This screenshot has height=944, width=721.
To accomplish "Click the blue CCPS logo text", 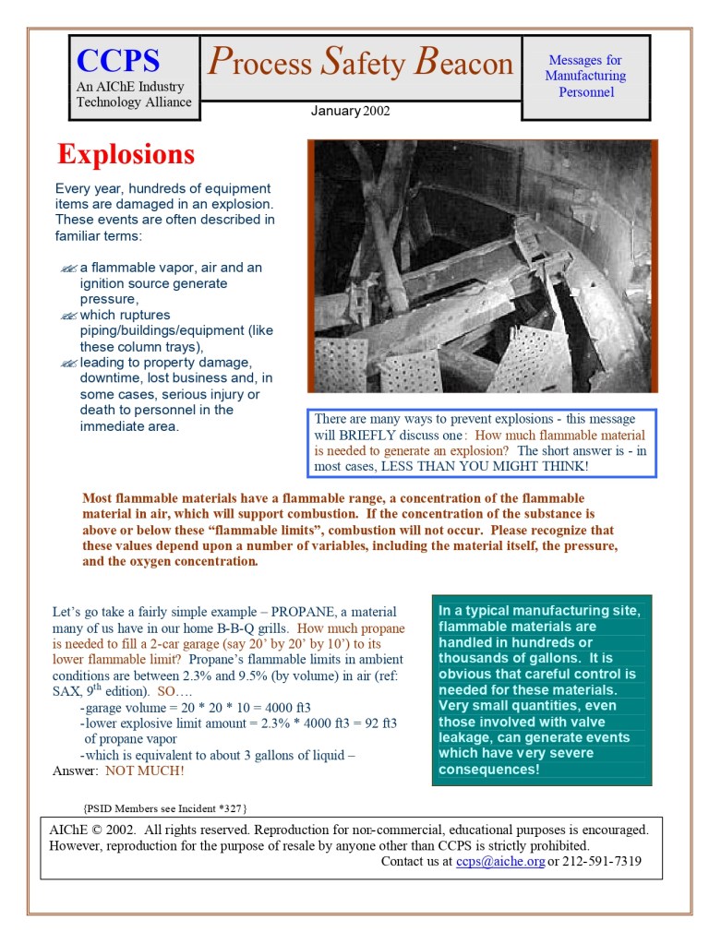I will pyautogui.click(x=118, y=61).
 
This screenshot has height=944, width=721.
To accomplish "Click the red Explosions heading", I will pyautogui.click(x=126, y=153).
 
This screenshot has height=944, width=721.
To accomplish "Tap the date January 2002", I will pyautogui.click(x=350, y=111).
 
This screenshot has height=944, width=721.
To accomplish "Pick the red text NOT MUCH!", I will pyautogui.click(x=144, y=771).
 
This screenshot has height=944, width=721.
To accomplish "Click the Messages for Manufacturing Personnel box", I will pyautogui.click(x=585, y=77).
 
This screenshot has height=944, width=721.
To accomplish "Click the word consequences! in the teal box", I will pyautogui.click(x=489, y=770).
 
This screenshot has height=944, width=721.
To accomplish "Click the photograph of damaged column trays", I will pyautogui.click(x=482, y=266).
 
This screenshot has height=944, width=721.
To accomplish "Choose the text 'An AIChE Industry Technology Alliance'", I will pyautogui.click(x=133, y=94).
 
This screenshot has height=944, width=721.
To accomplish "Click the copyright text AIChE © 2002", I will pyautogui.click(x=92, y=830).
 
